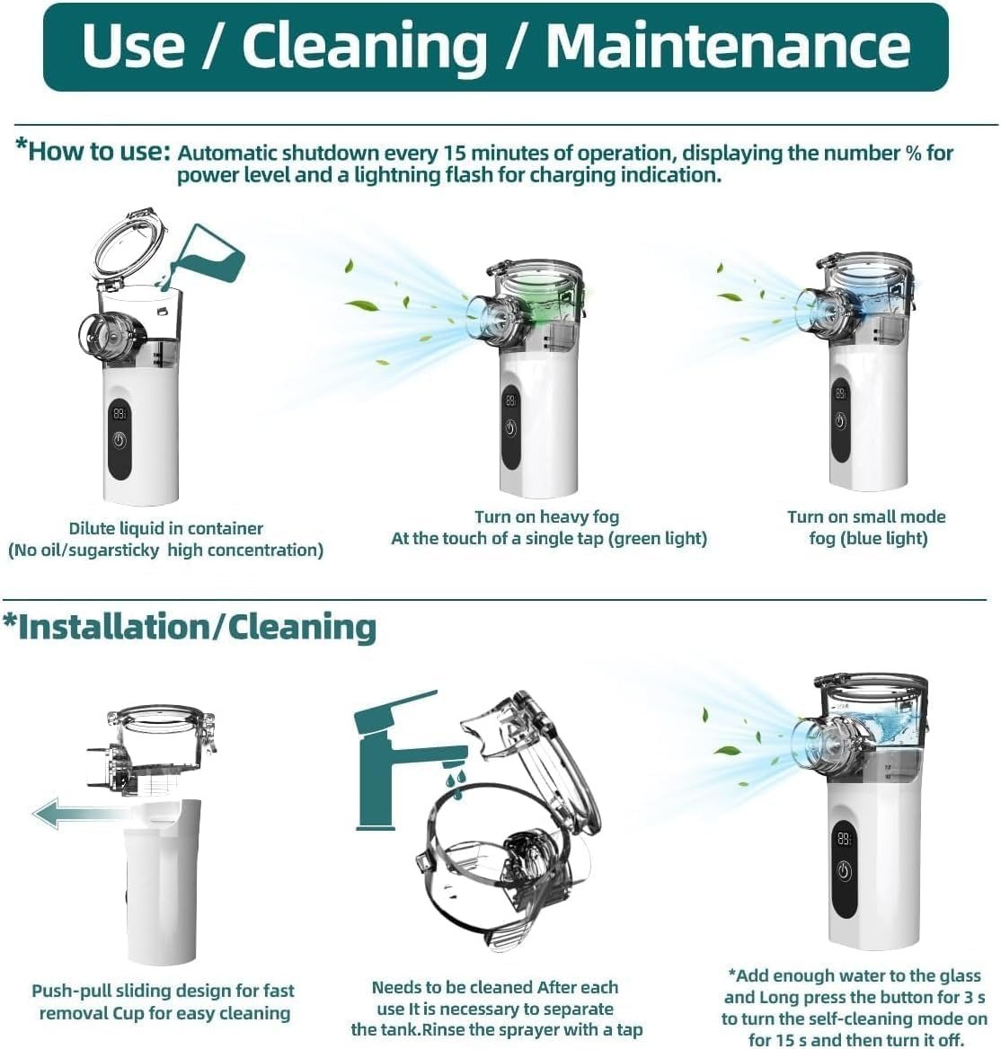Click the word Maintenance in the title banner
pos(728,46)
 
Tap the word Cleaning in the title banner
pos(365,47)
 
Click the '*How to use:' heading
pos(93,151)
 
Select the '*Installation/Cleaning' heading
pos(190,628)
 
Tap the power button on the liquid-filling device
pos(120,440)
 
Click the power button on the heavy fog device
pos(510,428)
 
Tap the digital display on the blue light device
pos(840,393)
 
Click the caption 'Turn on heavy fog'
pos(546,516)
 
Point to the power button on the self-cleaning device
pos(844,870)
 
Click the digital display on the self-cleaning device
pos(844,838)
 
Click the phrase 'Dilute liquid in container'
pos(166,528)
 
